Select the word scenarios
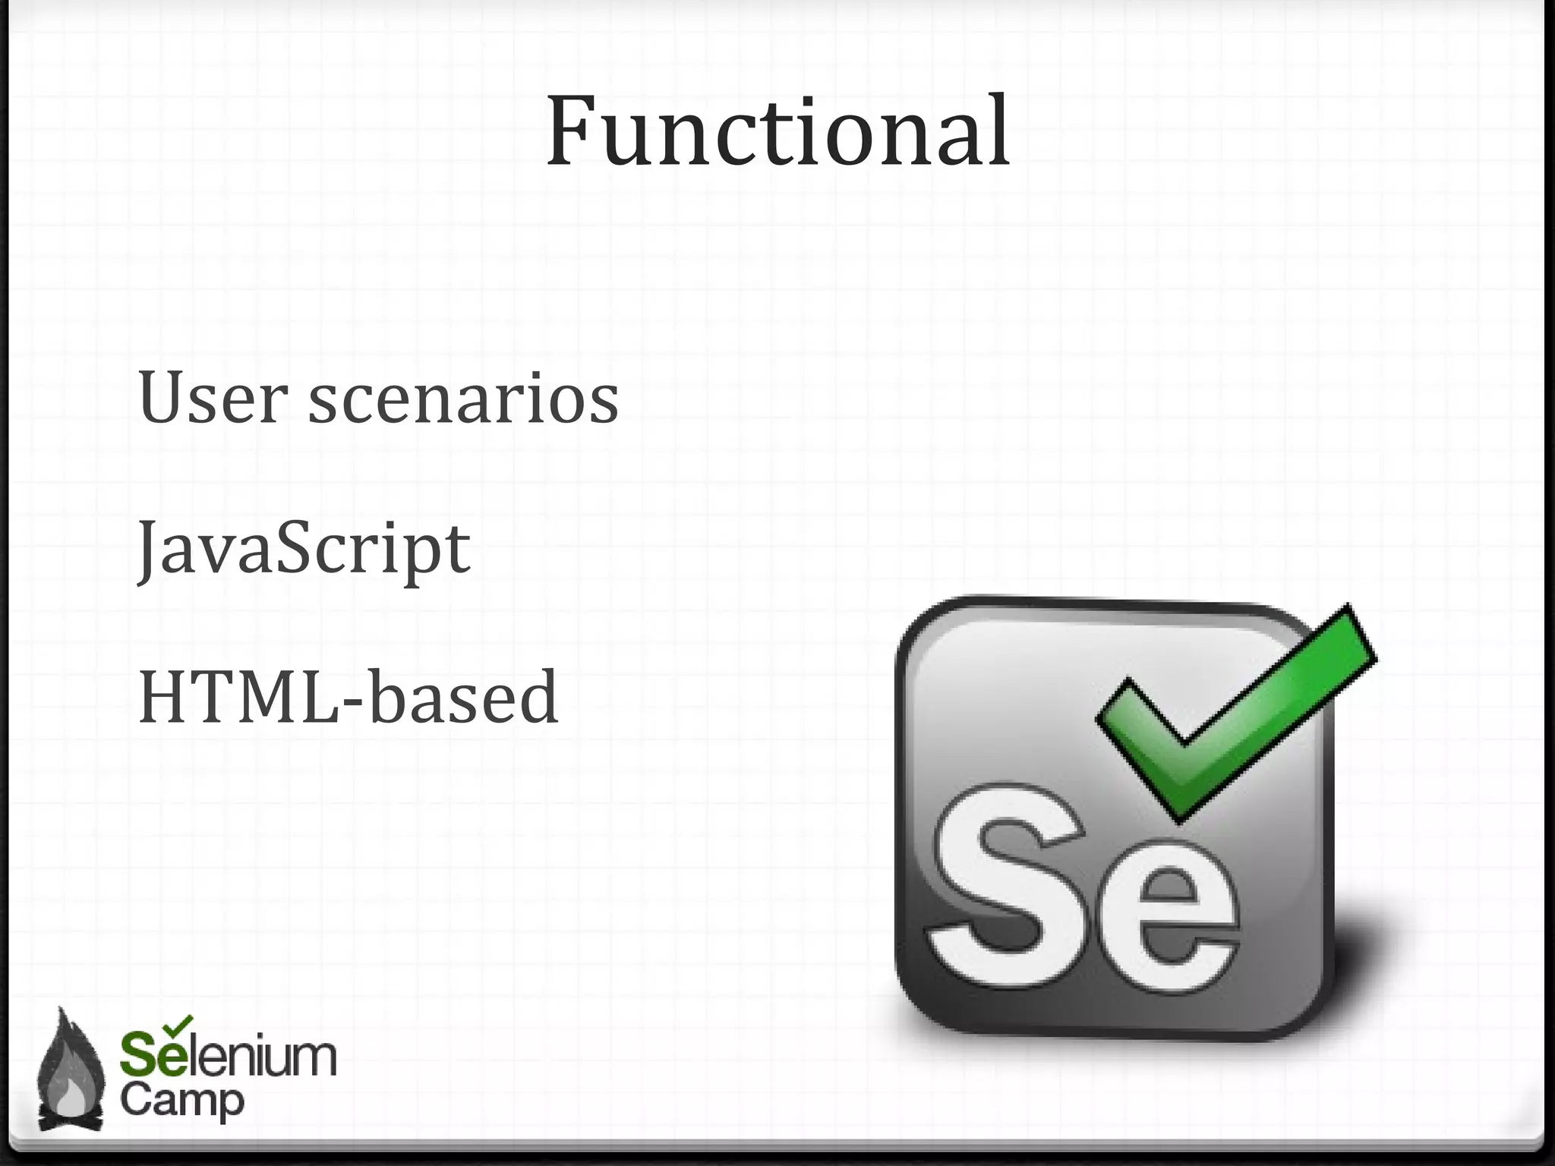point(463,400)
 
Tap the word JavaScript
point(304,548)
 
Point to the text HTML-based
point(349,698)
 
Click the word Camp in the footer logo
point(182,1101)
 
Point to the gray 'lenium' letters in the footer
point(262,1056)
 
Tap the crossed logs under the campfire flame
point(70,1120)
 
